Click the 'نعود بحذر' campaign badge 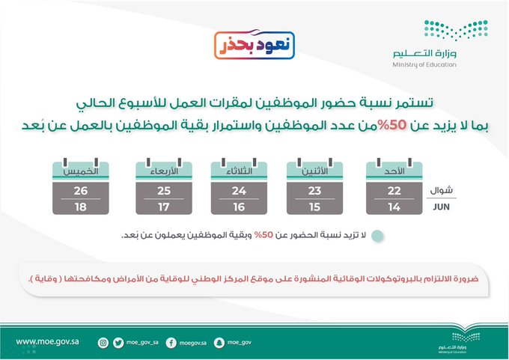tap(254, 45)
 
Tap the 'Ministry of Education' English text tap(424, 64)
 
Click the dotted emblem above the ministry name tap(456, 30)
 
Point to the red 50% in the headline tap(393, 125)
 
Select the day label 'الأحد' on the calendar tap(394, 171)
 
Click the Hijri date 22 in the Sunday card tap(394, 191)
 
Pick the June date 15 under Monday tap(314, 207)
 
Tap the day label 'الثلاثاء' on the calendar tap(240, 171)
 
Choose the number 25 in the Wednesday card tap(164, 191)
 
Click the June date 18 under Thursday tap(81, 207)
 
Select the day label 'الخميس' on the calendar tap(81, 171)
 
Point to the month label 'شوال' tap(441, 190)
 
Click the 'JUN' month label tap(441, 207)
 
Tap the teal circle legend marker tap(377, 236)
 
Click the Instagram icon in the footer tap(103, 343)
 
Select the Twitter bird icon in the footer tap(118, 343)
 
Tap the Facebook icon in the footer tap(171, 343)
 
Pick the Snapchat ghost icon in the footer tap(219, 343)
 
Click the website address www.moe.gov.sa tap(47, 342)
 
